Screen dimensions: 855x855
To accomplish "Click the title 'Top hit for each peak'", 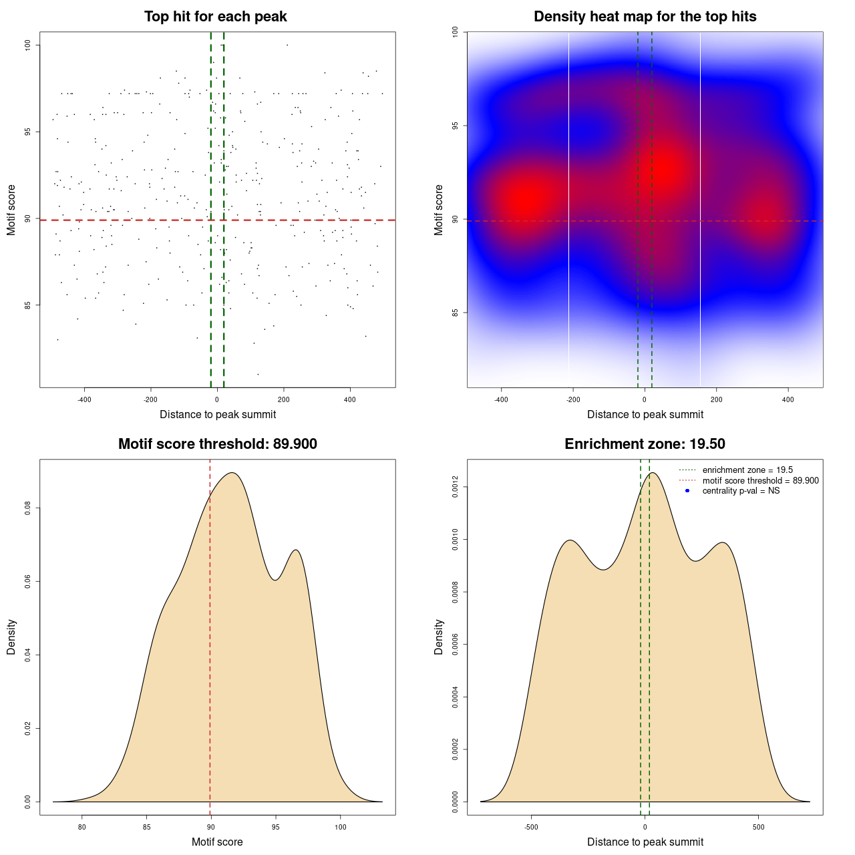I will click(x=216, y=17).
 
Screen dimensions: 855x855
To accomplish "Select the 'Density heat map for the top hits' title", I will click(x=645, y=17).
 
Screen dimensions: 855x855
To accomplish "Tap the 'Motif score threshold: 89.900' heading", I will click(x=217, y=444).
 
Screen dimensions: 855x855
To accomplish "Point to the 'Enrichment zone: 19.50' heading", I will click(x=645, y=444).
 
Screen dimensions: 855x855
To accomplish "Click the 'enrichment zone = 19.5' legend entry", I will click(x=747, y=470).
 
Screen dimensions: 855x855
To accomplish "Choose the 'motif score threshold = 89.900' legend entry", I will click(x=760, y=481).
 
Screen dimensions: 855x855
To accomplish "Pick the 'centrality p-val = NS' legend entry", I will click(x=741, y=491).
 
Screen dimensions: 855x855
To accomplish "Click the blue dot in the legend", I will click(x=687, y=491).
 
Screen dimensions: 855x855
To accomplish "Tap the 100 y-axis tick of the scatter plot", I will click(x=28, y=45).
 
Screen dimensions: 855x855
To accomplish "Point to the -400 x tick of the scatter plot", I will click(x=84, y=399).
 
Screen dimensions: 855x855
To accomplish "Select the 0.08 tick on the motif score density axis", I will click(x=28, y=509).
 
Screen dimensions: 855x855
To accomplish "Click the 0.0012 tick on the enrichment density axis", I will click(x=456, y=487).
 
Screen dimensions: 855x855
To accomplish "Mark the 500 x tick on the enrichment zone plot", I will click(x=758, y=827).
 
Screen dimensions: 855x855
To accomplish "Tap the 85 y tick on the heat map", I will click(x=456, y=313).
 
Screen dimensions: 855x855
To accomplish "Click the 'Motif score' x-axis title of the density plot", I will click(x=217, y=842).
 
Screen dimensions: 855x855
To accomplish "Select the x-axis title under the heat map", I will click(x=645, y=415).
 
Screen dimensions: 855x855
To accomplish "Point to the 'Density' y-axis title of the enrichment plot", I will click(x=439, y=637).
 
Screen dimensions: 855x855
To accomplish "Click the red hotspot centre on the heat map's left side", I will click(x=526, y=200).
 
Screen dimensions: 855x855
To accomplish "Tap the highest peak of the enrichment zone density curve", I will click(x=653, y=473).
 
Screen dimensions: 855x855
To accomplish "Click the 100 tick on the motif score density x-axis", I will click(x=340, y=827).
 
